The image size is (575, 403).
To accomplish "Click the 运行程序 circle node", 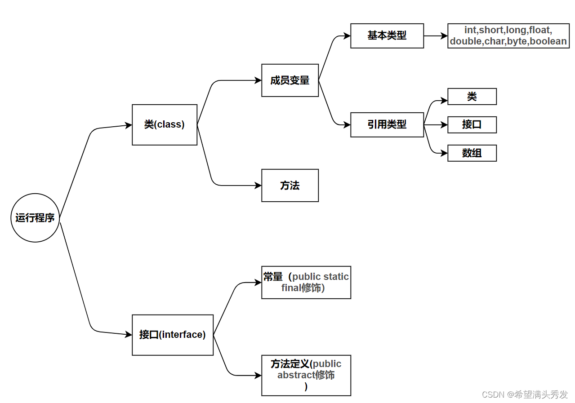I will point(35,218).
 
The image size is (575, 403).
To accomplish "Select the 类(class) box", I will point(165,125).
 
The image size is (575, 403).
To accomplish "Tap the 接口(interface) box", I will point(173,335).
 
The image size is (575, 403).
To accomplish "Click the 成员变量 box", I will point(290,80).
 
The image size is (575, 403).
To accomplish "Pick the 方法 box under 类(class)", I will point(290,185).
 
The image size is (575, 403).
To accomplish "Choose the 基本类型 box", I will point(387,35).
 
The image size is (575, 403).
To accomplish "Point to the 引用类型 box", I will point(387,124).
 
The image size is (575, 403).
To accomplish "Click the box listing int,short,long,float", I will point(508,35).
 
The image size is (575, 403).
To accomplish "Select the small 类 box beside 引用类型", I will point(472,97).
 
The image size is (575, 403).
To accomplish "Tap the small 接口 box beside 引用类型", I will point(472,124).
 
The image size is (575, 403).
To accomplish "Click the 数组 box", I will point(472,153).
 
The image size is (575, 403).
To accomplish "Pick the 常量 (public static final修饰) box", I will point(306,283).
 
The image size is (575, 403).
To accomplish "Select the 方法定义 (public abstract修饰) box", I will point(306,375).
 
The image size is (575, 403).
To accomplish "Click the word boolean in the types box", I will point(548,41).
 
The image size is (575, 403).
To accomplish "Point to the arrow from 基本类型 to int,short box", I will point(435,35).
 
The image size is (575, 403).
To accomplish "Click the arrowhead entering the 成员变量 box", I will point(258,80).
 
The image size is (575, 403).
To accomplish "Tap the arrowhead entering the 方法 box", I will point(258,185).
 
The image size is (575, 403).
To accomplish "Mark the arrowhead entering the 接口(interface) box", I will point(129,335).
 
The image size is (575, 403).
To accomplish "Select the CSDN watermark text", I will point(525,394).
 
